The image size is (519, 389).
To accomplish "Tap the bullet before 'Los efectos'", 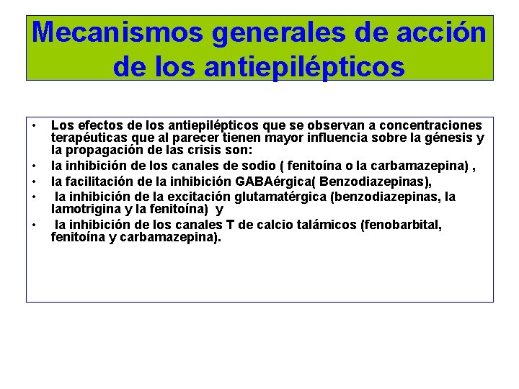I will [x=35, y=127].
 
